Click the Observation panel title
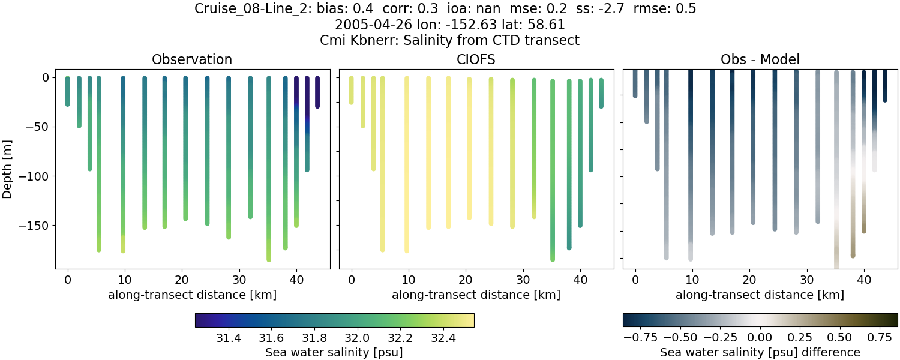(192, 59)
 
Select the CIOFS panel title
(476, 59)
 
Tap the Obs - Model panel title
(760, 59)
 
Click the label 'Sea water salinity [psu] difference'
(760, 352)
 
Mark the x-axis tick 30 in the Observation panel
(239, 280)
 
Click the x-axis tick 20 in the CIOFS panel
(466, 280)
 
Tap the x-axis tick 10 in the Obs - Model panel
(692, 280)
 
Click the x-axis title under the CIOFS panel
(476, 295)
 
